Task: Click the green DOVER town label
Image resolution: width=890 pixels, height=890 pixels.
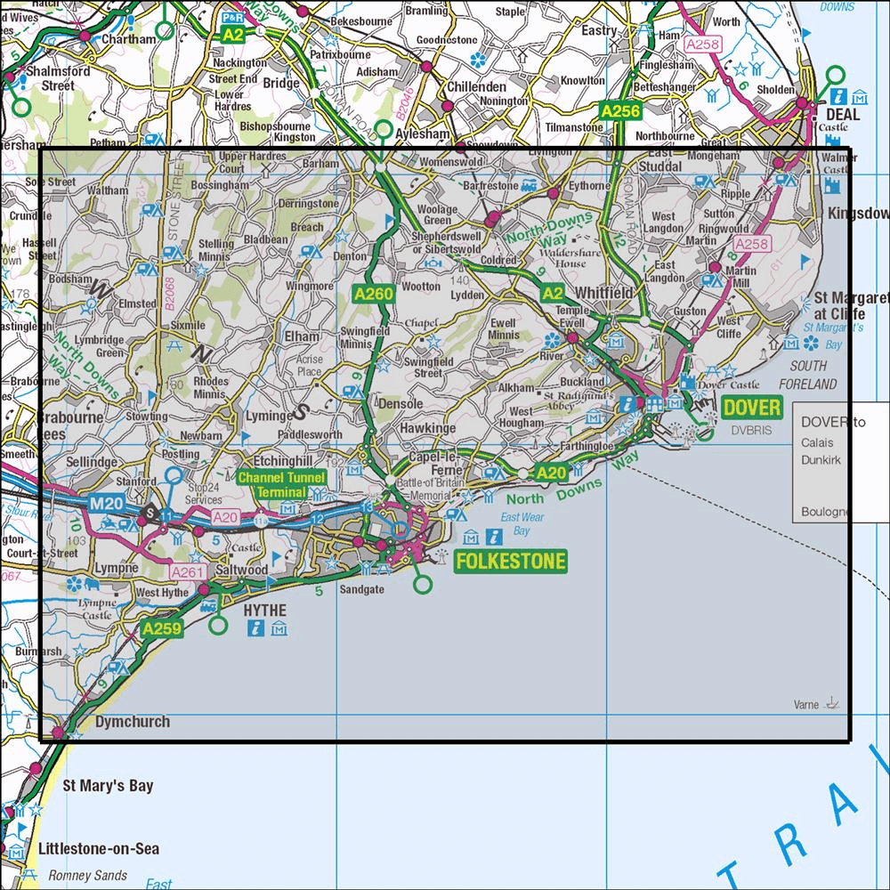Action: pyautogui.click(x=751, y=408)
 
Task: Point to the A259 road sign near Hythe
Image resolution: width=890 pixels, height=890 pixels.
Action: pyautogui.click(x=160, y=630)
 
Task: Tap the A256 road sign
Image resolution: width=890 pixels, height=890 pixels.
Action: pyautogui.click(x=619, y=111)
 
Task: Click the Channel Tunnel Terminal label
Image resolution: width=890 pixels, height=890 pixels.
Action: pyautogui.click(x=281, y=485)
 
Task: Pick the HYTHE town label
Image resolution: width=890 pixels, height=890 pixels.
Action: pyautogui.click(x=265, y=610)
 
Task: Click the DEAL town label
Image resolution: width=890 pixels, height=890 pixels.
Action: pyautogui.click(x=842, y=115)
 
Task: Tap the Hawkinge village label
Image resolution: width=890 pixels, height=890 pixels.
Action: pyautogui.click(x=427, y=428)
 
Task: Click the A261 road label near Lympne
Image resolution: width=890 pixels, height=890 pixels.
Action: pyautogui.click(x=187, y=572)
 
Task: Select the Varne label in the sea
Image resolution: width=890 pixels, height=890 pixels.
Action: pyautogui.click(x=806, y=705)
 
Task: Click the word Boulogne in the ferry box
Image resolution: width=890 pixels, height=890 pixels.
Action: pyautogui.click(x=824, y=513)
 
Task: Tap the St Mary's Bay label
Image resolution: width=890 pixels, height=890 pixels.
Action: pyautogui.click(x=108, y=786)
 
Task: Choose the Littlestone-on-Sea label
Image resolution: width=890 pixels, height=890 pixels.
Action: pyautogui.click(x=99, y=848)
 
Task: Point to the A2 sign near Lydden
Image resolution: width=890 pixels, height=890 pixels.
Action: pyautogui.click(x=552, y=294)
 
